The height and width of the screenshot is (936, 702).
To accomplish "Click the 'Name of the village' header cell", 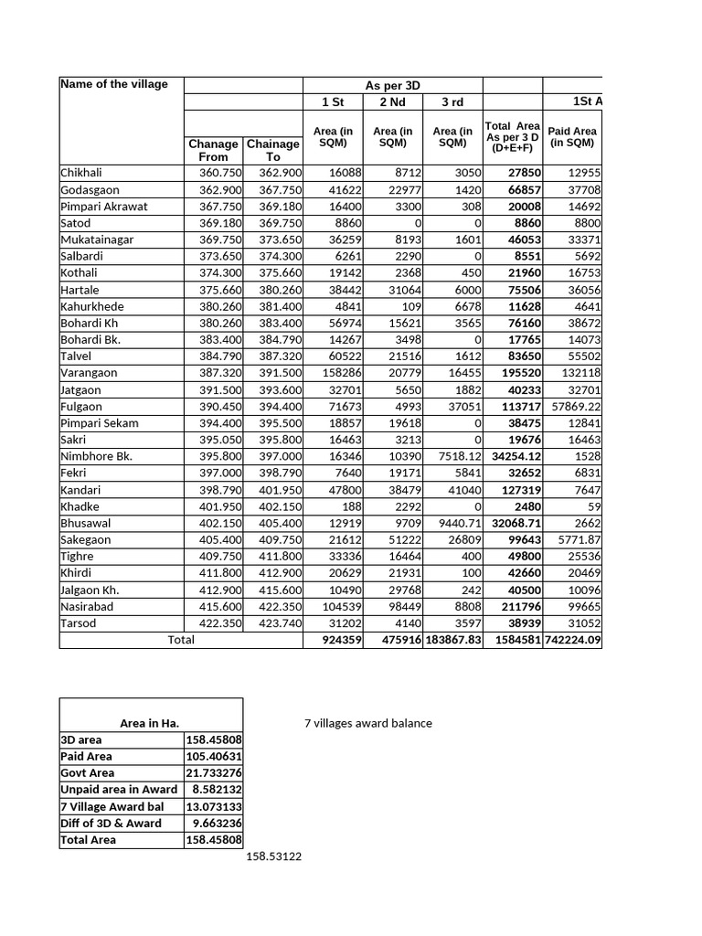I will click(114, 84).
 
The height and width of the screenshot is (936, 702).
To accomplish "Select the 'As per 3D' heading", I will click(392, 85).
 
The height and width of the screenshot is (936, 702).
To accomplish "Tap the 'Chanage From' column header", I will click(212, 150).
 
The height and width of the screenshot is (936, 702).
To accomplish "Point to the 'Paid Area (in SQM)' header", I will click(572, 137).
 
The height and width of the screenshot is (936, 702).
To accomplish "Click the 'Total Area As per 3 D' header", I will click(512, 136).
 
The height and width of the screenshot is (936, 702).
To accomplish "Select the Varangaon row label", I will click(89, 373).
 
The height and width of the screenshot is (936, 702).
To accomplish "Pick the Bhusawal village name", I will click(85, 523).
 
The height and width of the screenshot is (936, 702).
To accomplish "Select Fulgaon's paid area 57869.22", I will click(573, 406).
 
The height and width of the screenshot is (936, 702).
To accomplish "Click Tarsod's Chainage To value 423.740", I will click(279, 623).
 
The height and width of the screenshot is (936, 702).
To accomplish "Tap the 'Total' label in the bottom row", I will click(181, 640).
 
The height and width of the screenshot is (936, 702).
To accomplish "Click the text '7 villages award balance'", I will click(367, 723).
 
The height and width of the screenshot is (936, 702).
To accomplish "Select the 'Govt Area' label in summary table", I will click(88, 773).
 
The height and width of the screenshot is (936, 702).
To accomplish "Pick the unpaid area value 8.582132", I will click(218, 790).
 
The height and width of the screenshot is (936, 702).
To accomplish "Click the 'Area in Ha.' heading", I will click(149, 723).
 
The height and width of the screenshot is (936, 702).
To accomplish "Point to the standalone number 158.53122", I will click(273, 856).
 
